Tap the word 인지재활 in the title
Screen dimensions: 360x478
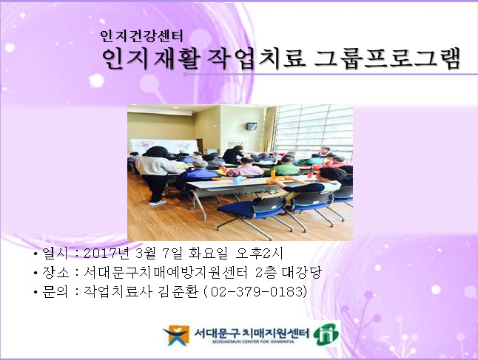tap(149, 58)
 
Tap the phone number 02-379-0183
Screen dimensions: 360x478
tap(256, 292)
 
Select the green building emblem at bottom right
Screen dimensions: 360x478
tap(326, 333)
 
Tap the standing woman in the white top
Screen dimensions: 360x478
tap(153, 173)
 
